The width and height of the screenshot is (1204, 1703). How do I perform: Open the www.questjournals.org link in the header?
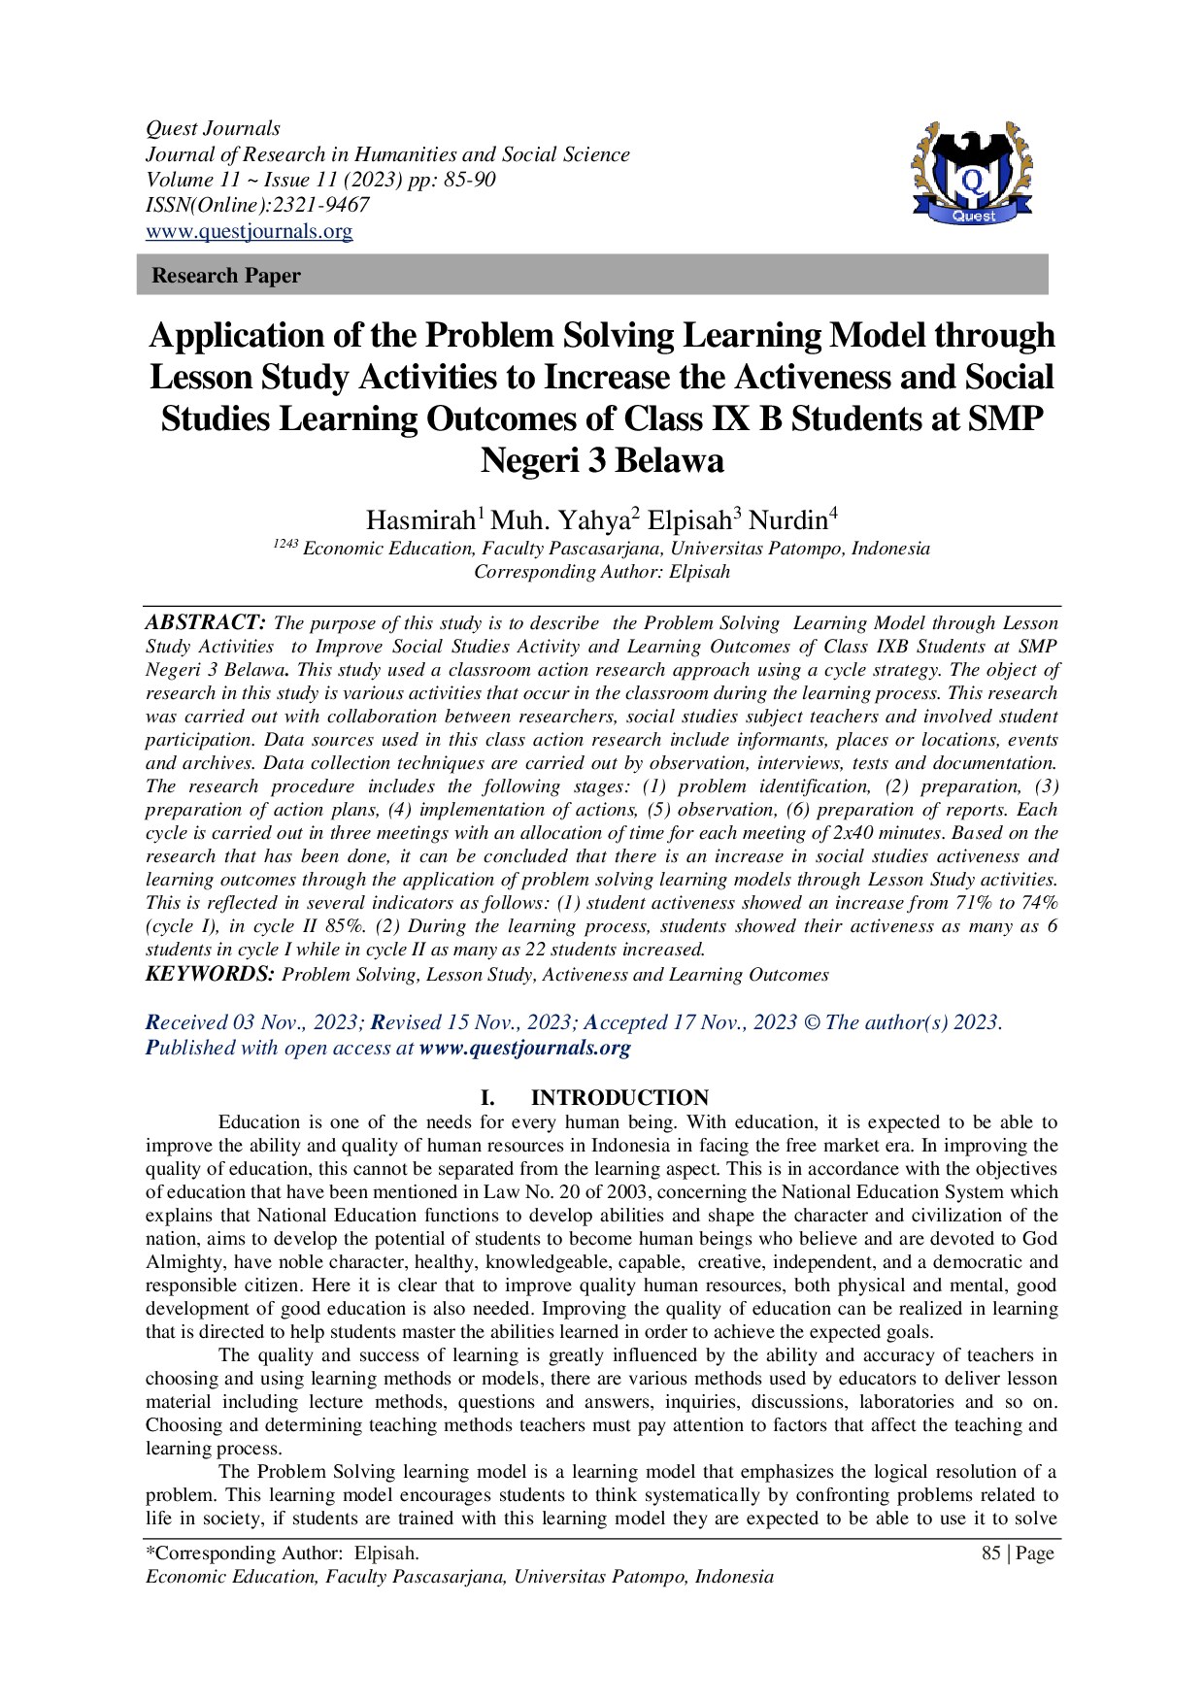click(x=249, y=231)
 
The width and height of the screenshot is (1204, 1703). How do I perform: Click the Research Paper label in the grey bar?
click(x=226, y=276)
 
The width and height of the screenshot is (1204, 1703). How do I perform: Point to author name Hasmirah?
click(x=420, y=520)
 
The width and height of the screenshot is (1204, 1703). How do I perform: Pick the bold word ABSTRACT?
click(x=205, y=622)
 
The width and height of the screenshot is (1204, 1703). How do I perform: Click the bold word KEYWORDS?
click(x=210, y=974)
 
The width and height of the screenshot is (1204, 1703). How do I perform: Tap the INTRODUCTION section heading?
click(x=619, y=1098)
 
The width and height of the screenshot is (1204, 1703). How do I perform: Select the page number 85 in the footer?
click(x=991, y=1553)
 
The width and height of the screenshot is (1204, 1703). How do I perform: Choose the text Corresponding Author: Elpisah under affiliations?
click(x=601, y=572)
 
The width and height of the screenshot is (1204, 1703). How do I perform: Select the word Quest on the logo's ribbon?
click(x=973, y=217)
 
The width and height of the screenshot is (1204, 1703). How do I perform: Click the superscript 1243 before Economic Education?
click(x=284, y=544)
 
